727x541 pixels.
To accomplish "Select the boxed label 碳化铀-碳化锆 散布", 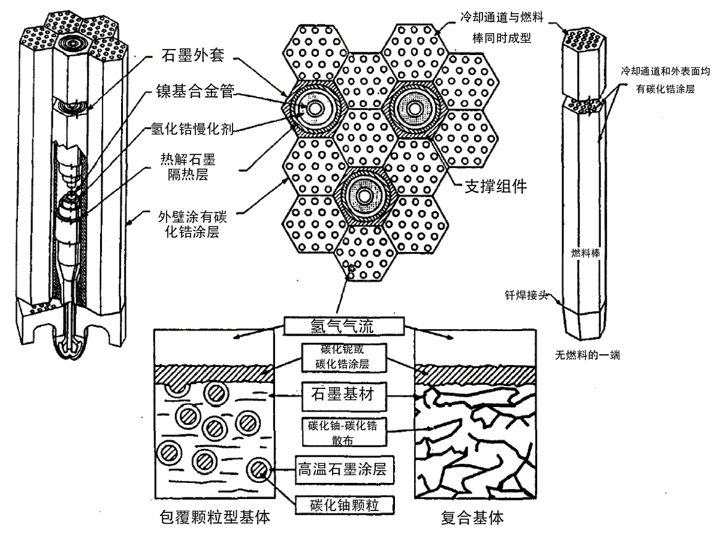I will point(342,431).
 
